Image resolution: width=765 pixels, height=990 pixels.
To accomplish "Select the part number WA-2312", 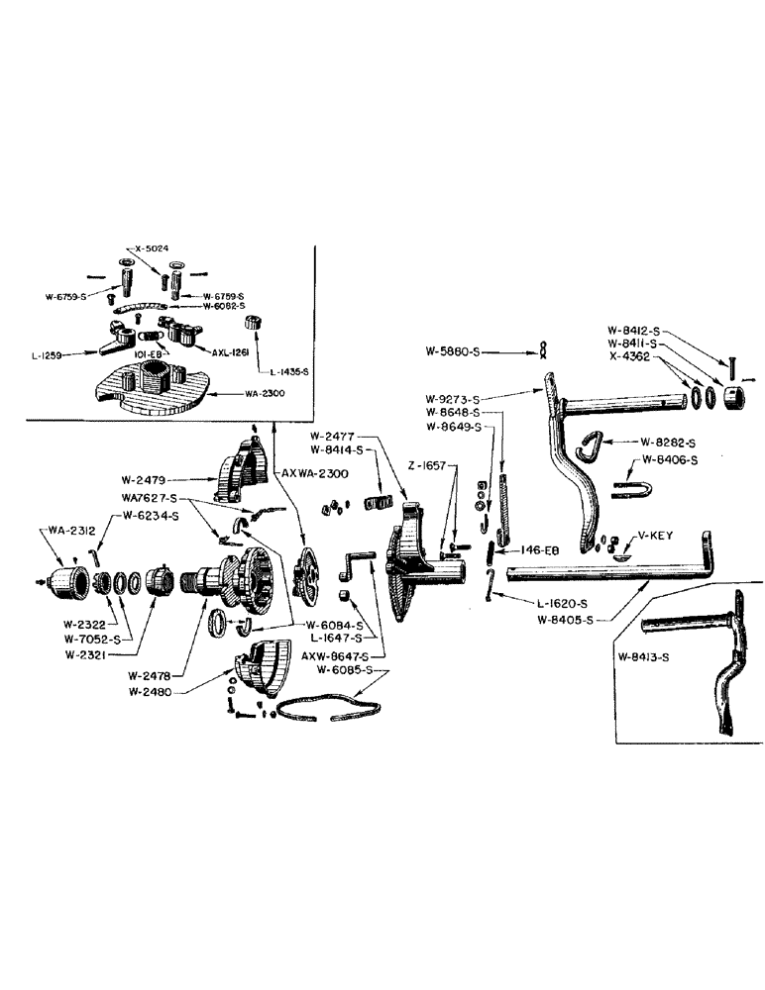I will click(61, 532).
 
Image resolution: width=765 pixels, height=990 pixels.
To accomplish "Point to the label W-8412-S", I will click(637, 331).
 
